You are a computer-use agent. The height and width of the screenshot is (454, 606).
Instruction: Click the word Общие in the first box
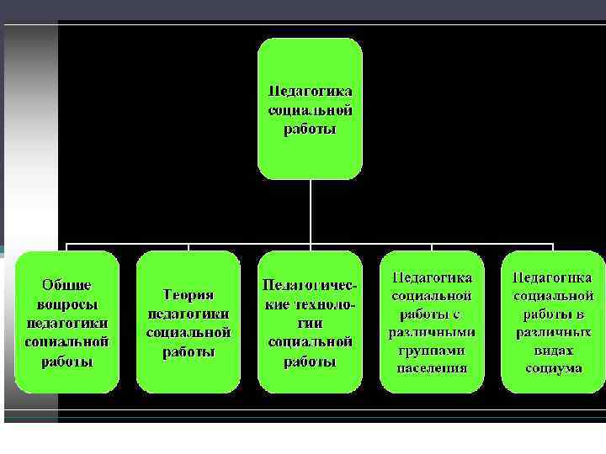(68, 287)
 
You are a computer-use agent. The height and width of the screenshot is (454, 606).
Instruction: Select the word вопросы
(68, 305)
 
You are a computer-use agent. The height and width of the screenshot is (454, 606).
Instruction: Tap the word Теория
(189, 295)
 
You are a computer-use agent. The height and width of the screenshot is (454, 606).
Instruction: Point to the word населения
(432, 367)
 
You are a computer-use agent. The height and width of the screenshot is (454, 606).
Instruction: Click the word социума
(553, 367)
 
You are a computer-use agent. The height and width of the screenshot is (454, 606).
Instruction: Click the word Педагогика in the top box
(310, 92)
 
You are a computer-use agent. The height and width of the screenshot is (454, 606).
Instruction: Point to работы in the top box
(310, 129)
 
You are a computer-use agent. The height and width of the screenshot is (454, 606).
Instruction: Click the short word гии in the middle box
(310, 324)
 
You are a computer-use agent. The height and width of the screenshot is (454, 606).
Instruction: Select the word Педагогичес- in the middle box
(310, 287)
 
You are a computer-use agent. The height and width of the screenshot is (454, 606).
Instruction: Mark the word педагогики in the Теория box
(189, 314)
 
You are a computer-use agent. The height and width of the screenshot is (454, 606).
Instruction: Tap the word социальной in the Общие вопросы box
(68, 342)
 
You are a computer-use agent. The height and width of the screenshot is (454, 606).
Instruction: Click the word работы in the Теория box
(189, 351)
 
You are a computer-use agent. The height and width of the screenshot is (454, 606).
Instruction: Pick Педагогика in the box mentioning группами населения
(432, 277)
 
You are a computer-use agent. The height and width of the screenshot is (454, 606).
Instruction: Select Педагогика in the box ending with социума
(553, 277)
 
